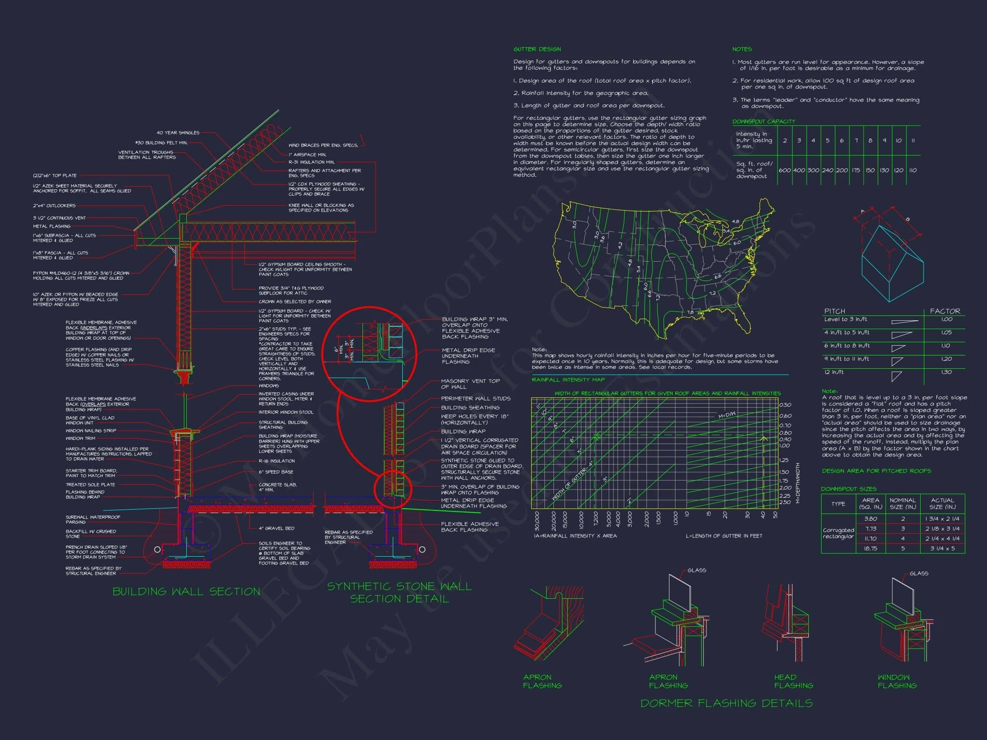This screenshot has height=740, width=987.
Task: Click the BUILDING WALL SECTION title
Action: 186,591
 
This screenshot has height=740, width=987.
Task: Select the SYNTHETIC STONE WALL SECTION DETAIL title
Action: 399,592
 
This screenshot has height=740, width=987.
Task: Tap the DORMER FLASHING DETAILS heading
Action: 726,704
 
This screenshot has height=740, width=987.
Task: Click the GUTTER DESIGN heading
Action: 537,49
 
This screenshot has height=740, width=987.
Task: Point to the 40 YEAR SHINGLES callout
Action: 178,133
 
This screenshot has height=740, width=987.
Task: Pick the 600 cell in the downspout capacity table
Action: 784,170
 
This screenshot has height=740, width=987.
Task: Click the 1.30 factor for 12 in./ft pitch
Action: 946,372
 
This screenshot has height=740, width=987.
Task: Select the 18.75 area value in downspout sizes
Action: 870,549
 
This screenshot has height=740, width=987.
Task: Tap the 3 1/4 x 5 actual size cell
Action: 942,549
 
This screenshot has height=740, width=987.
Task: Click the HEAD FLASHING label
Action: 793,681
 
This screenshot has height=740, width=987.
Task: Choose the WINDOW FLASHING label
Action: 897,681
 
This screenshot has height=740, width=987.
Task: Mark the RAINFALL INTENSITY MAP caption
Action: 568,379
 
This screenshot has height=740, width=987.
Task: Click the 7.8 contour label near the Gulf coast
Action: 690,312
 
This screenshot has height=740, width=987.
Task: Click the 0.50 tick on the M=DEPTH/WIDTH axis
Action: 785,405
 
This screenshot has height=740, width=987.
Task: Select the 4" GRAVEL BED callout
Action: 276,528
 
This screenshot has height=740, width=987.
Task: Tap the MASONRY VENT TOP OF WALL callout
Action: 470,384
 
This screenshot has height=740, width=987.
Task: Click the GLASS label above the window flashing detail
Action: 919,573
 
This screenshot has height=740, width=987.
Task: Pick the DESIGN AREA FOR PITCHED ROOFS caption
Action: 876,471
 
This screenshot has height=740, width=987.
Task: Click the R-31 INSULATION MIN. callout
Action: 311,162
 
